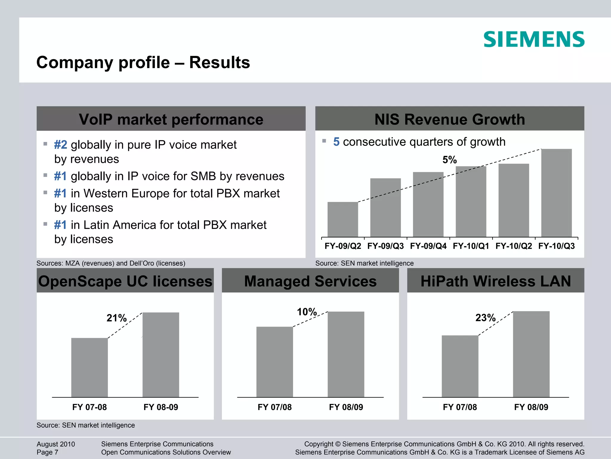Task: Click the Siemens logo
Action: pos(534,39)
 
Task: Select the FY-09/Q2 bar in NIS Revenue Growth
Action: pos(342,219)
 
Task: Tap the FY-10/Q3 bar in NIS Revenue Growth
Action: pos(556,193)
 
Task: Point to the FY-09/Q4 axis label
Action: pos(428,246)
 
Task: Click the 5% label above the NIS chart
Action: pos(449,160)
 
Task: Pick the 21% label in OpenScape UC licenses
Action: pos(117,318)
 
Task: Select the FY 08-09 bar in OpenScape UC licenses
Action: pos(161,355)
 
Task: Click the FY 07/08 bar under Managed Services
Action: pos(274,362)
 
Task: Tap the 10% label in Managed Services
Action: pos(307,312)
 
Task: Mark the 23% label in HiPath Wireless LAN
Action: pos(485,318)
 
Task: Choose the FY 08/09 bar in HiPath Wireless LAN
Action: pos(531,354)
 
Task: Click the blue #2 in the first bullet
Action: pos(61,145)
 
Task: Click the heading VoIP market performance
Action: pos(171,119)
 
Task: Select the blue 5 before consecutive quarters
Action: pos(336,142)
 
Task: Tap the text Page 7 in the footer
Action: pos(47,452)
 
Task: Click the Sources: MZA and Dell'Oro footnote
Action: pos(111,263)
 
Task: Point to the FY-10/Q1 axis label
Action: pos(471,246)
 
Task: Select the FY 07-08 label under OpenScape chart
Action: pos(90,407)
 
